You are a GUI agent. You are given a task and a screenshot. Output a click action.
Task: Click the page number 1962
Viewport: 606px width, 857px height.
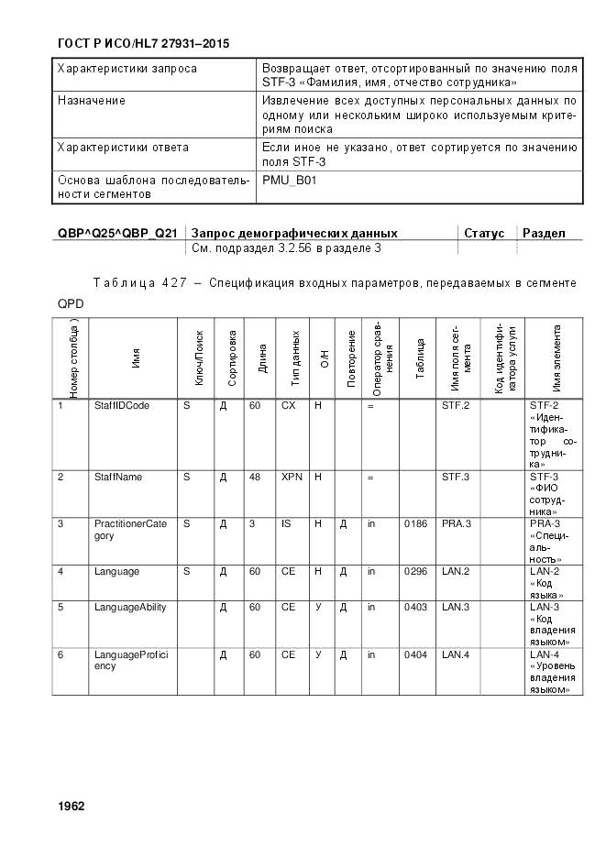(x=71, y=807)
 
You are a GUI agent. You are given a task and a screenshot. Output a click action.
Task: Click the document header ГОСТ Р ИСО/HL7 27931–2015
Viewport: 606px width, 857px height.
(x=143, y=43)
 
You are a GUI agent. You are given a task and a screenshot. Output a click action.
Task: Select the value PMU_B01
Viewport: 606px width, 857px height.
(x=289, y=181)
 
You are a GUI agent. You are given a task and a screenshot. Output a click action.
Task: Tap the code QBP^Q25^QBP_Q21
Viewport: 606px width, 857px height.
(x=117, y=234)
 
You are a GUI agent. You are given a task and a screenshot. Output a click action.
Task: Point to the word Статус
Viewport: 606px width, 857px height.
(x=484, y=234)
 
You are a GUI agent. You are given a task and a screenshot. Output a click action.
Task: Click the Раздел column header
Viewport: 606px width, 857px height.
(x=544, y=234)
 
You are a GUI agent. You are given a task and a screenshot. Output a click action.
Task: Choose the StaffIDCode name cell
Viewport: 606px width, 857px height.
(x=121, y=405)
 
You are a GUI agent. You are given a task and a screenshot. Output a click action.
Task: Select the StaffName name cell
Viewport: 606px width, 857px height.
(x=118, y=477)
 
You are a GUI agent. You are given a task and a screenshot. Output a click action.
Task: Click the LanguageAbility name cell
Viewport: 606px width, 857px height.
(x=130, y=608)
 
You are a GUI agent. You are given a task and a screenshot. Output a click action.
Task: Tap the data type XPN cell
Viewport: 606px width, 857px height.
(x=292, y=477)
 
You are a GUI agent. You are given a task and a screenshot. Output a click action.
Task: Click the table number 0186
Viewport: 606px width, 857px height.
(x=415, y=523)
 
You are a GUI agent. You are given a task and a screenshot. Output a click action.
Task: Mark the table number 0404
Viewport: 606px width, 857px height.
(x=415, y=654)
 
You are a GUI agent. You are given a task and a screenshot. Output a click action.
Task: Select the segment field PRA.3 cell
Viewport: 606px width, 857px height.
(x=456, y=523)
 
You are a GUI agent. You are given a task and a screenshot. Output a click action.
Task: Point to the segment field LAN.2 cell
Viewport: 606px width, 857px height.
(x=456, y=571)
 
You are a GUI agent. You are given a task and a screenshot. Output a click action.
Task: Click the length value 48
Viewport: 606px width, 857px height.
(x=255, y=477)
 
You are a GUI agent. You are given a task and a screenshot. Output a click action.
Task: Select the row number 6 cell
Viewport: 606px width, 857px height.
(x=61, y=654)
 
